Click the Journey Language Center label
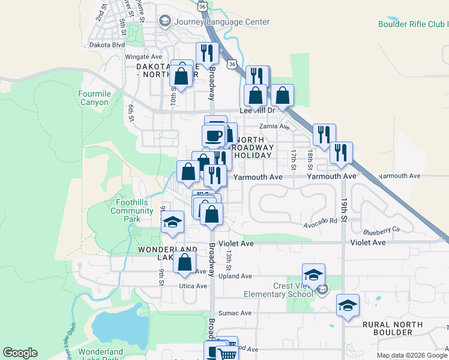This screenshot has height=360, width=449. [221, 22]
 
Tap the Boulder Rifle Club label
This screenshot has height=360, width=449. [413, 25]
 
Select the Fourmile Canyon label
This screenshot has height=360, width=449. [94, 98]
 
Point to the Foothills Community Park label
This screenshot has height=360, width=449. [131, 211]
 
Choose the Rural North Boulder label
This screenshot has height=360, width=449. [393, 329]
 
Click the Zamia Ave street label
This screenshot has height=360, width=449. [274, 127]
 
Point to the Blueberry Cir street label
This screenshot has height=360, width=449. [382, 230]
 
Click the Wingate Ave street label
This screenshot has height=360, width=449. [140, 57]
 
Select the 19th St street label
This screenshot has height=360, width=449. [344, 211]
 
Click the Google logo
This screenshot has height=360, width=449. [19, 353]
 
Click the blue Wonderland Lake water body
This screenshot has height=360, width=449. [120, 328]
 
